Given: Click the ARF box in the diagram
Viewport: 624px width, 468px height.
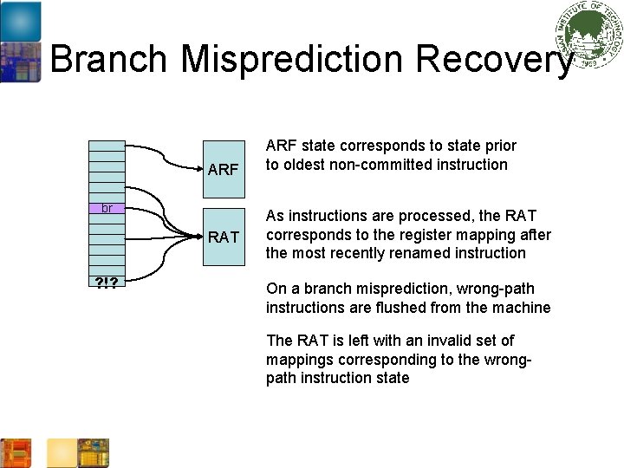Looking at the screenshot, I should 224,167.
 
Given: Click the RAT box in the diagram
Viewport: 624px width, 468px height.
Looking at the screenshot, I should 224,236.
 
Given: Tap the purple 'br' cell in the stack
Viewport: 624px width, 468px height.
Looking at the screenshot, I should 107,208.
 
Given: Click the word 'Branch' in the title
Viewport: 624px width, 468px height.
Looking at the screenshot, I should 108,60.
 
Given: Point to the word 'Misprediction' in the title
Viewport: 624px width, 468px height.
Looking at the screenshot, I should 290,60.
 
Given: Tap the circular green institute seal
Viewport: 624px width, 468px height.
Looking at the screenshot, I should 590,35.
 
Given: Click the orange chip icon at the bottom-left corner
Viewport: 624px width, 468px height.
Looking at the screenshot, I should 16,453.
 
